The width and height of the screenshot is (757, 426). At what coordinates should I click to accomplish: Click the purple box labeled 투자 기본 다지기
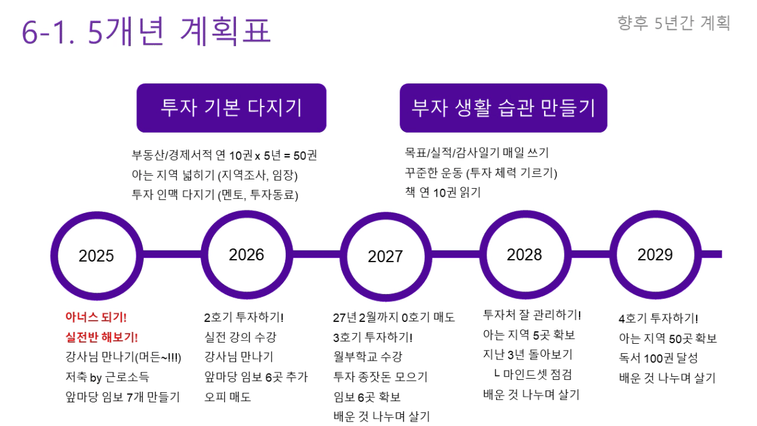(x=232, y=108)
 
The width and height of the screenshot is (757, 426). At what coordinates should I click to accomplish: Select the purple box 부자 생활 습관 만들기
(x=504, y=108)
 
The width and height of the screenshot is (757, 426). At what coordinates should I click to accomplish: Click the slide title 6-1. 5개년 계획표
(x=146, y=31)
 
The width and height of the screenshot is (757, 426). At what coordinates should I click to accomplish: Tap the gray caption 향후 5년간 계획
(x=674, y=23)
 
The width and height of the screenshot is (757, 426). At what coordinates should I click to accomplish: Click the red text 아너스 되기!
(x=96, y=317)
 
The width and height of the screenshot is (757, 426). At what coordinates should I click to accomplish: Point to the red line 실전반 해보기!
(x=101, y=337)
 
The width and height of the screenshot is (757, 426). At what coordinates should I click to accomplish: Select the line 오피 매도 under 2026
(x=227, y=397)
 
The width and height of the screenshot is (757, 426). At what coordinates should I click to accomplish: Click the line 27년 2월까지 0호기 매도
(x=393, y=318)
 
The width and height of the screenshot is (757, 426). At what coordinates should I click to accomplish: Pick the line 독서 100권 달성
(x=658, y=357)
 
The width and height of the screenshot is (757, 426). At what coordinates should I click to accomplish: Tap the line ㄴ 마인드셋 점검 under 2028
(x=533, y=374)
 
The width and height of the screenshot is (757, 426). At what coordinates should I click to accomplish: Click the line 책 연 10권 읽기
(x=443, y=192)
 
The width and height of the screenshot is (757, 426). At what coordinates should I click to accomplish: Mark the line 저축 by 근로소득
(x=107, y=377)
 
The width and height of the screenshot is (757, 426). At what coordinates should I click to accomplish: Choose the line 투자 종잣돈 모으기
(x=380, y=377)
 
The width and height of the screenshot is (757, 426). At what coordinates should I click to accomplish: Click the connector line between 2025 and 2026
(x=172, y=255)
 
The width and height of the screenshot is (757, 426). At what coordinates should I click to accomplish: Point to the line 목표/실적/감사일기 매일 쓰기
(x=477, y=153)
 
